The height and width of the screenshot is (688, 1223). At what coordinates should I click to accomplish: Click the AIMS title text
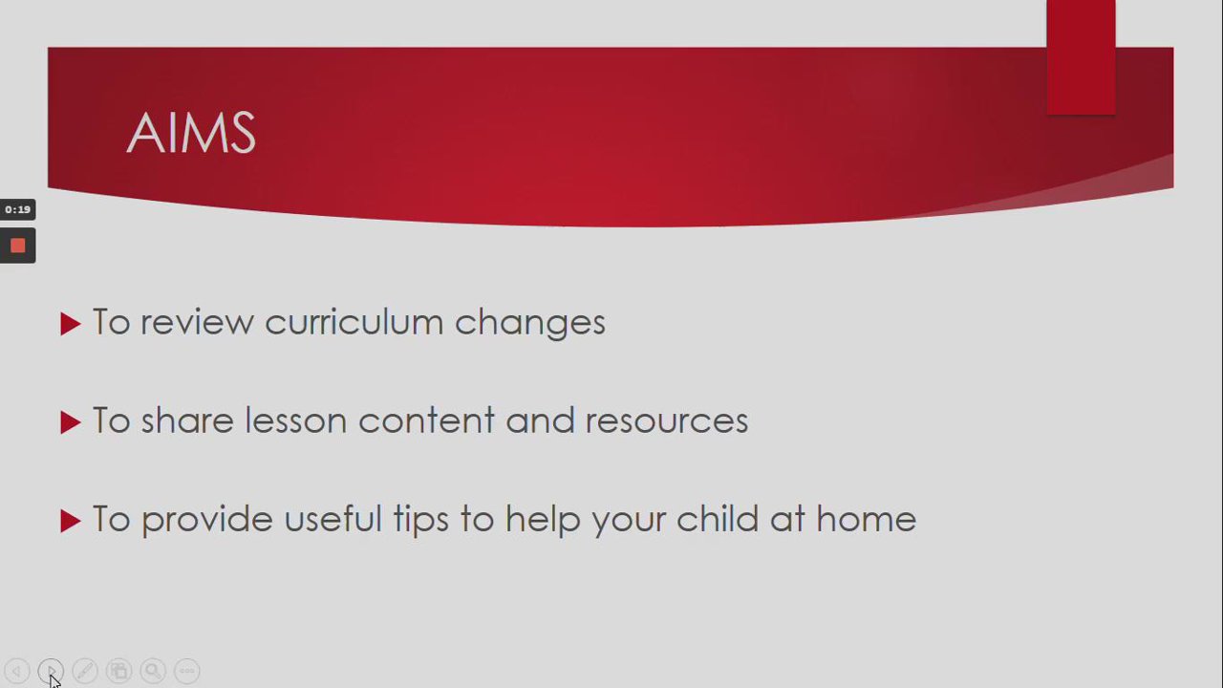click(191, 133)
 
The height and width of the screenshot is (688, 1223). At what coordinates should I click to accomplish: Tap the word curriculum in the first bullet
click(354, 322)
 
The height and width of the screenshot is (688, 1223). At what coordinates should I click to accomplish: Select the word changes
click(530, 324)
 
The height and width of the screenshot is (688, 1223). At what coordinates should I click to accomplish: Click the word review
click(197, 323)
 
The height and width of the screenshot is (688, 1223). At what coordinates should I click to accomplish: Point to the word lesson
click(295, 420)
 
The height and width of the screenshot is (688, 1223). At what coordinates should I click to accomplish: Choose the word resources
click(667, 421)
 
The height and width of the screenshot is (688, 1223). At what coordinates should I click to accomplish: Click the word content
click(426, 421)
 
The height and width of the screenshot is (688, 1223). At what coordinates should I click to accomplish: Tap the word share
click(187, 420)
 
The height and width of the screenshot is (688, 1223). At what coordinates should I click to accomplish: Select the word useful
click(333, 518)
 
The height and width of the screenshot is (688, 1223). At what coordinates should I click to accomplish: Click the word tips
click(421, 521)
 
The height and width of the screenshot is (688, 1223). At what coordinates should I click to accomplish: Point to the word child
click(718, 518)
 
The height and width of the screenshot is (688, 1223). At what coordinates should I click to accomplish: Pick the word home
click(866, 519)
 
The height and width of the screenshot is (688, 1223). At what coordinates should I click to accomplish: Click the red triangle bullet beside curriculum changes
click(70, 324)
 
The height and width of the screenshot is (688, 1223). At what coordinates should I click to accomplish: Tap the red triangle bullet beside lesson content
click(70, 422)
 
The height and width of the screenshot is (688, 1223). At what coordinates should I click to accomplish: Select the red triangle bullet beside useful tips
click(70, 521)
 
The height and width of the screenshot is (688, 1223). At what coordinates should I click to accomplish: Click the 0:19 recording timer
click(17, 209)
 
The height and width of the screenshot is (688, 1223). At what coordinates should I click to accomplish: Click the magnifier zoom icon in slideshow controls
click(153, 671)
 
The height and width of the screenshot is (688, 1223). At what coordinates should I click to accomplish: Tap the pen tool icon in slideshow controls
click(85, 671)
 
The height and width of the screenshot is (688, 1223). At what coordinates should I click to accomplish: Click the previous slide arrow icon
click(17, 671)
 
